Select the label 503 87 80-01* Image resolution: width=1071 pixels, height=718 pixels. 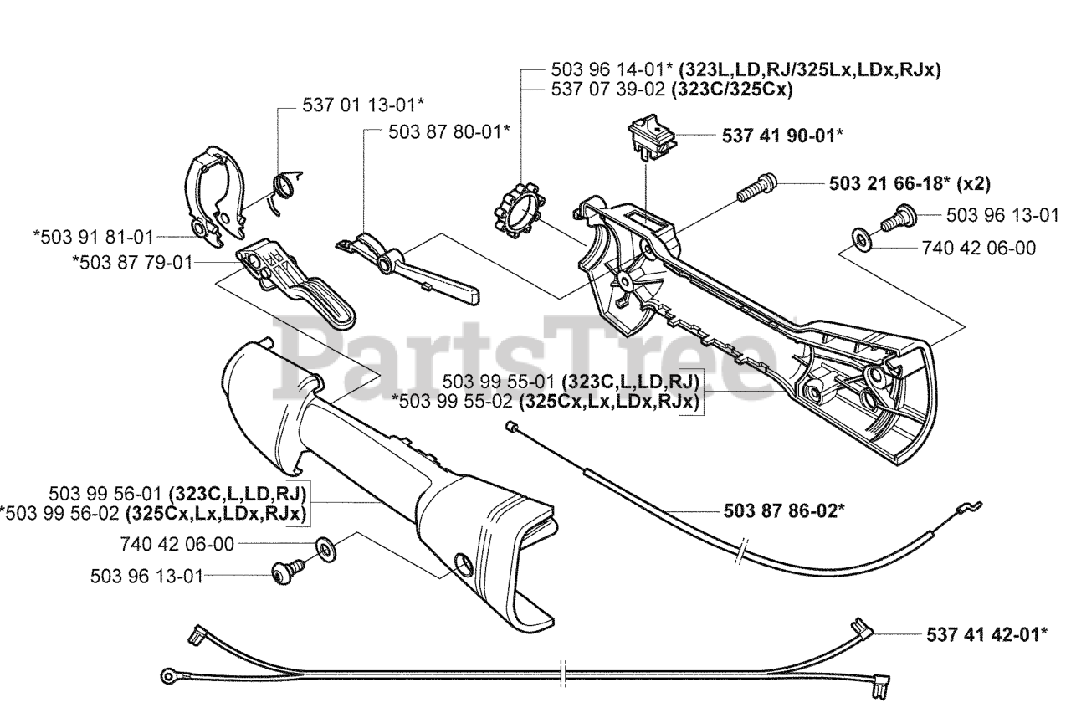point(449,131)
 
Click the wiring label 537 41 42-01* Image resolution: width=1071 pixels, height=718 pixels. point(986,633)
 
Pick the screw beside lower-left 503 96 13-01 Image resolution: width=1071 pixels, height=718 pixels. point(285,572)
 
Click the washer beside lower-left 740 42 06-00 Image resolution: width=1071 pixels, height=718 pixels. point(325,549)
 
